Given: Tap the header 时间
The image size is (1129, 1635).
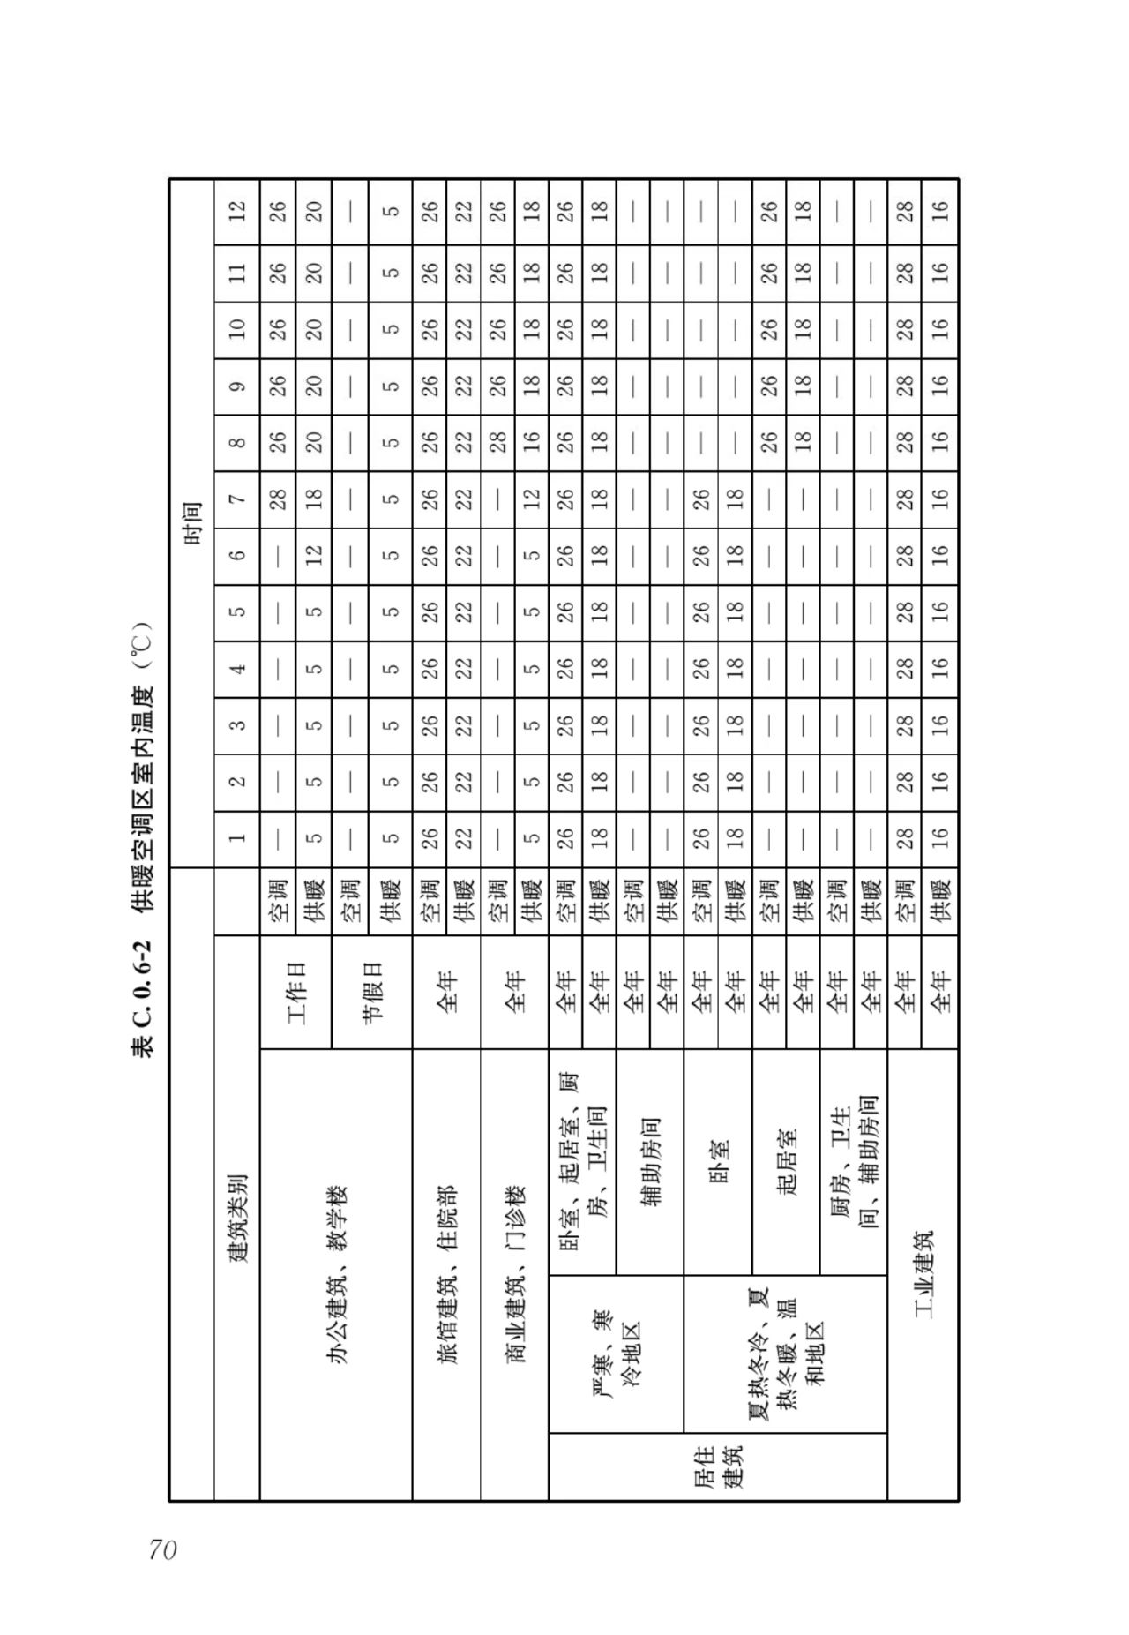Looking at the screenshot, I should [x=810, y=522].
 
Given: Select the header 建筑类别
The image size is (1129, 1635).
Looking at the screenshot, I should [x=237, y=1218].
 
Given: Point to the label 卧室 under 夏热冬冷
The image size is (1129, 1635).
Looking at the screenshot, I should [x=718, y=1161].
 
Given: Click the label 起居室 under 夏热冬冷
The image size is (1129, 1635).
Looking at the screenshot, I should [x=786, y=1161].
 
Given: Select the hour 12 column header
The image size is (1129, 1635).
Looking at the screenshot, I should [x=237, y=211].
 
